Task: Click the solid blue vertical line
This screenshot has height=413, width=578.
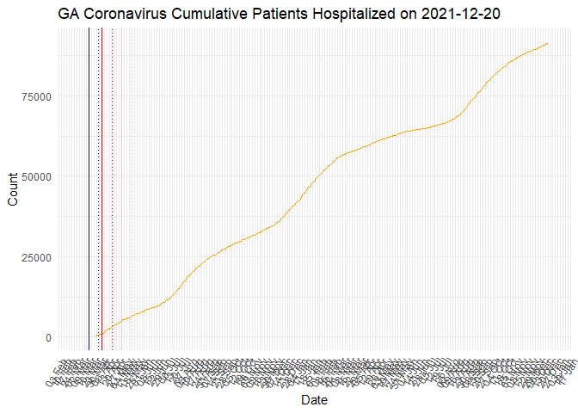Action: pos(89,172)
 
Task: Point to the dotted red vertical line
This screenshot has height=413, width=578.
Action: pos(112,172)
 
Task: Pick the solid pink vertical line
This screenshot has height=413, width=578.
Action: pos(121,172)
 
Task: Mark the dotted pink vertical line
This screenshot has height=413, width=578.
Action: pos(131,172)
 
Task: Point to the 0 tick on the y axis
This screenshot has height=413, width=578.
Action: pos(49,337)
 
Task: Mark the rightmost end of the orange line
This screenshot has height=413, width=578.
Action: pos(548,43)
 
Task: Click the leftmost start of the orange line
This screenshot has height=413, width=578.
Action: pos(95,336)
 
